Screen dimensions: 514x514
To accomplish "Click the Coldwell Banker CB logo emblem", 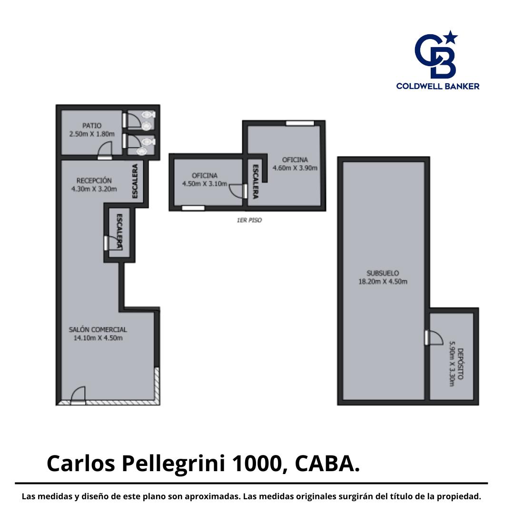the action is (435, 54).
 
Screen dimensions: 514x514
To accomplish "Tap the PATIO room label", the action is (92, 126).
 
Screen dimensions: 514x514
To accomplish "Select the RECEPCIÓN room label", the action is (94, 180).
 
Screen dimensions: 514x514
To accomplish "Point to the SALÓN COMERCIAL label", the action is (98, 329).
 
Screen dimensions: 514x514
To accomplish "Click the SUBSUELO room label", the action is (383, 273).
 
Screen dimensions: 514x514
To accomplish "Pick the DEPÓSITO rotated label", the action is (460, 364).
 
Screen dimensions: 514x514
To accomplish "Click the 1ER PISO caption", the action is (249, 220).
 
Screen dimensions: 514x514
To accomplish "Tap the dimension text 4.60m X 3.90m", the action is (295, 168).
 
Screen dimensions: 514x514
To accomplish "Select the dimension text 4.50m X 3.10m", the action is (205, 184).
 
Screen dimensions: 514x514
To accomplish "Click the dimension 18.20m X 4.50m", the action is (383, 282).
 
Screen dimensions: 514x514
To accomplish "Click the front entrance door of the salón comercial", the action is (78, 395).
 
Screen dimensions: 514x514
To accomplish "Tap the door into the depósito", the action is (434, 337).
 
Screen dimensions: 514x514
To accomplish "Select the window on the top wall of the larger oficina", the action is (300, 123).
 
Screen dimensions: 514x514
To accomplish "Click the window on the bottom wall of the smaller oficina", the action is (193, 208).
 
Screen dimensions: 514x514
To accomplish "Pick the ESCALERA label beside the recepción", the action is (135, 181).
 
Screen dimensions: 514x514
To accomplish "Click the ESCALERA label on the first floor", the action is (256, 181).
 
